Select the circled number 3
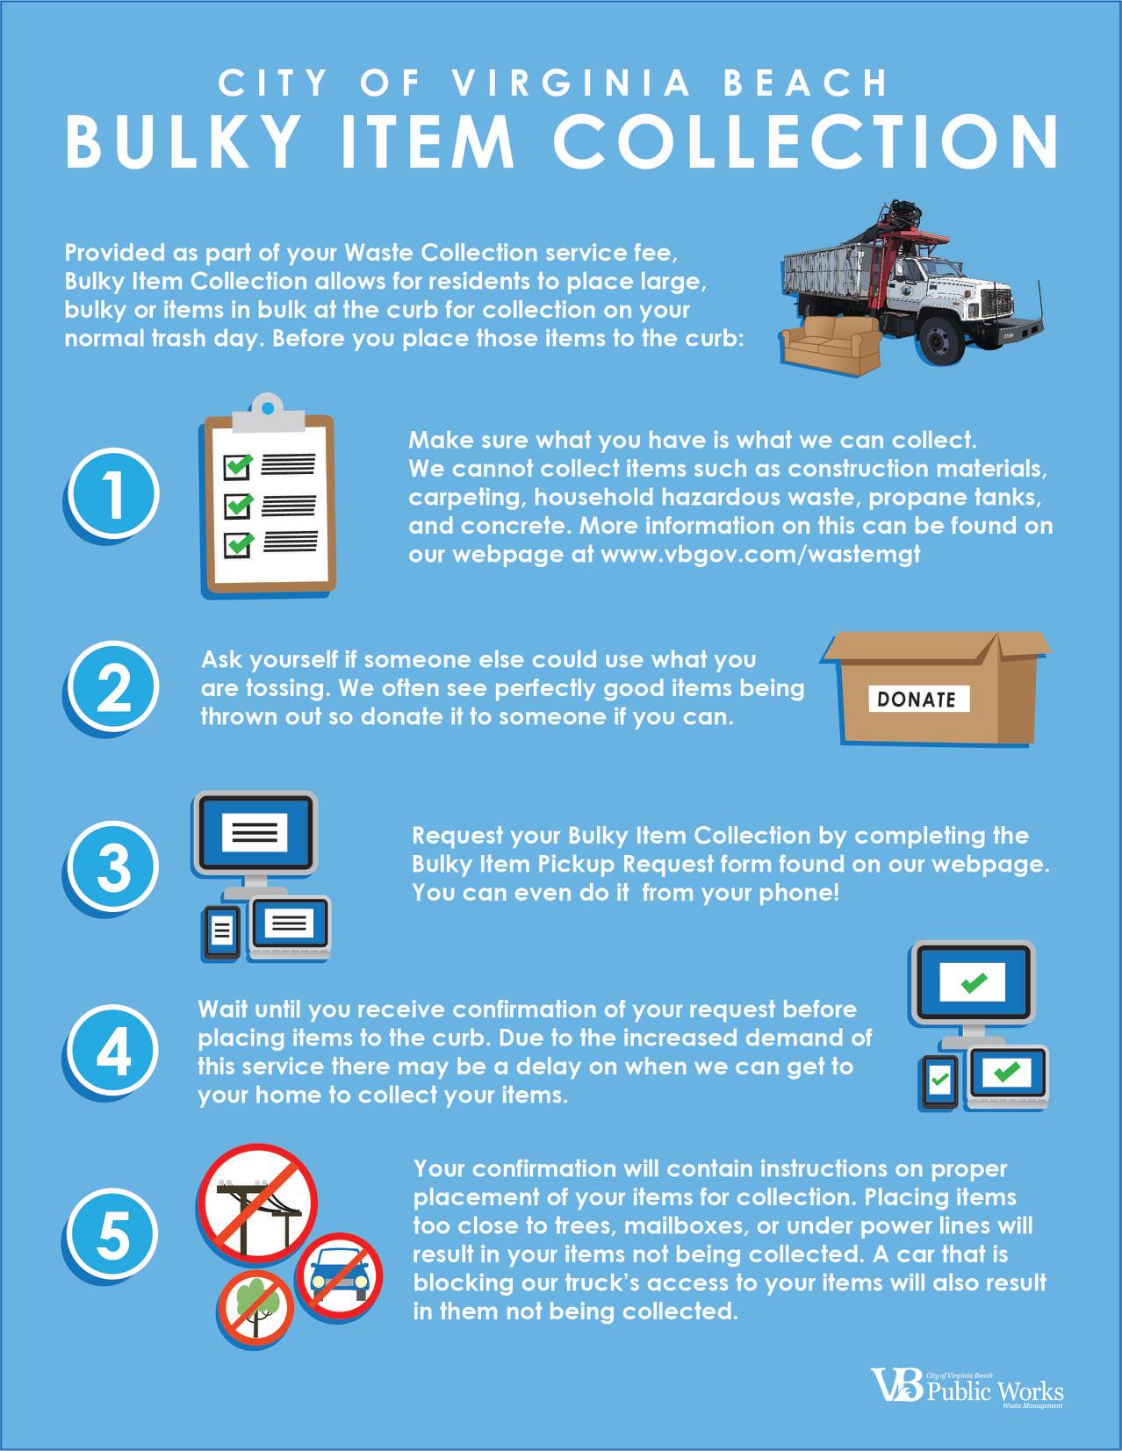coord(114,866)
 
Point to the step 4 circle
coord(114,1051)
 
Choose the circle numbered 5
coord(114,1234)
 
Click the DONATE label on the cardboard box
coord(919,699)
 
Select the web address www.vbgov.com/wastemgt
coord(760,554)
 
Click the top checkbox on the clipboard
coord(237,465)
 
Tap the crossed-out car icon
coord(339,1276)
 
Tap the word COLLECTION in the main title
coord(805,141)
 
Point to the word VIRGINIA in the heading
coord(572,83)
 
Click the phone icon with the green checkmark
coord(939,1081)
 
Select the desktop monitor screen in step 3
coord(255,832)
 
